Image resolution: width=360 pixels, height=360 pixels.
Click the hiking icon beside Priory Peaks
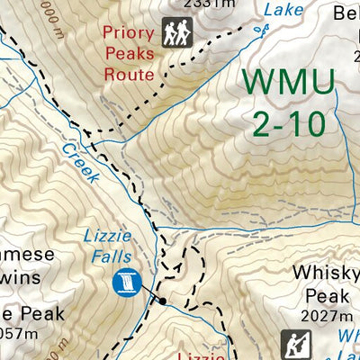click(x=177, y=33)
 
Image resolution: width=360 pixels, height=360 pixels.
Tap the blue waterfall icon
click(x=126, y=282)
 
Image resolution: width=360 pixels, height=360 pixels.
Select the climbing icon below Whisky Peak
click(x=292, y=344)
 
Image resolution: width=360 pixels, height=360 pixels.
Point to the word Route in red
click(x=129, y=74)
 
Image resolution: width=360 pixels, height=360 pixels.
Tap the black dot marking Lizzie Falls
click(x=162, y=301)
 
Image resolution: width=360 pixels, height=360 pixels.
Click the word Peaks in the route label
click(x=129, y=53)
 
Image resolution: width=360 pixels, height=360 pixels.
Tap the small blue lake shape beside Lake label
click(x=262, y=30)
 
